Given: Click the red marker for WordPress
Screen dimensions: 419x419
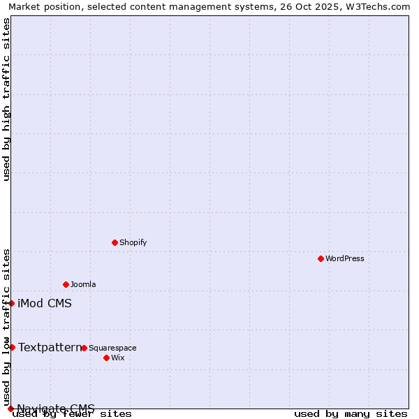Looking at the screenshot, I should (x=321, y=258).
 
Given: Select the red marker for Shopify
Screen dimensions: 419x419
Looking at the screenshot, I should (x=115, y=242).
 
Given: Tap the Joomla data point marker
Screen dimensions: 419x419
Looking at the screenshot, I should (x=66, y=284).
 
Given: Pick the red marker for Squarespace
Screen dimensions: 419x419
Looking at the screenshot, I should (x=84, y=348).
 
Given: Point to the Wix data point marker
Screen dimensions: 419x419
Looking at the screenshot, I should (x=106, y=358).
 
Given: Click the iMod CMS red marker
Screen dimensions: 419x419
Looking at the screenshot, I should (x=11, y=303).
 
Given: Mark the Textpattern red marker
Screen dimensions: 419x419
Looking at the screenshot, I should (x=12, y=347).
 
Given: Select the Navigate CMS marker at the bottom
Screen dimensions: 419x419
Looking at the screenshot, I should (x=10, y=409).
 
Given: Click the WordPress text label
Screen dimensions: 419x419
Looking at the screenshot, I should (x=345, y=258).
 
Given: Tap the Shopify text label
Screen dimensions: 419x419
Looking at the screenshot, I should (x=133, y=242).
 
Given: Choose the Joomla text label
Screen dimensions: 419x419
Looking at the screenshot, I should (x=83, y=284).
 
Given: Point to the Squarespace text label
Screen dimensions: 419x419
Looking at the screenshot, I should (x=112, y=348).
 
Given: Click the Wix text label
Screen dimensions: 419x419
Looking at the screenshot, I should (x=117, y=358).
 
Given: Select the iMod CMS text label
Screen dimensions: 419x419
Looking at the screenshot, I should (x=45, y=303).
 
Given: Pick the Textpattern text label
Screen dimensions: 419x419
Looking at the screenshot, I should (x=50, y=347).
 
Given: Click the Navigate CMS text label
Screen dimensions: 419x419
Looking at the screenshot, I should (x=56, y=409).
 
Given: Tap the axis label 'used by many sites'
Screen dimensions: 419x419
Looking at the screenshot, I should (x=351, y=413).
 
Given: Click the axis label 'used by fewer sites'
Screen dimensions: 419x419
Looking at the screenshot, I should (x=72, y=413).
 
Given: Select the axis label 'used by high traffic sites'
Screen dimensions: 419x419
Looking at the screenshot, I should (x=6, y=99).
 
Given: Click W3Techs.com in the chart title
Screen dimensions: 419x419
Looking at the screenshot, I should (x=375, y=6).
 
